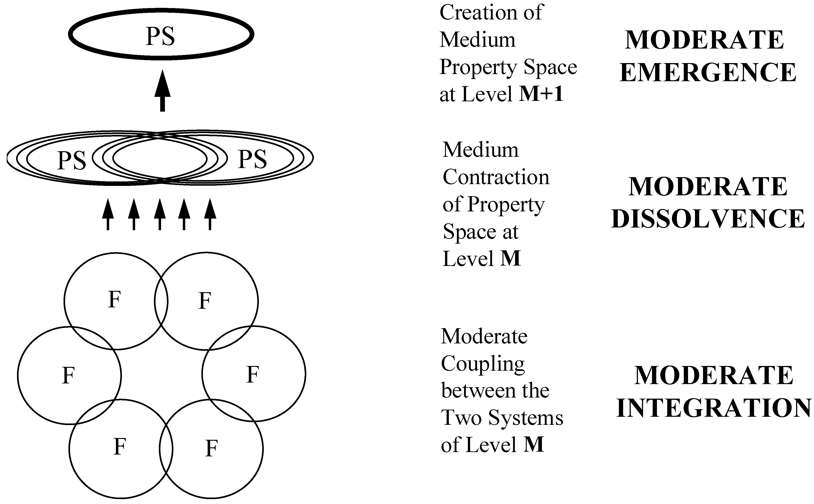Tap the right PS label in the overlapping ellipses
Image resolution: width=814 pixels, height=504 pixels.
pyautogui.click(x=252, y=159)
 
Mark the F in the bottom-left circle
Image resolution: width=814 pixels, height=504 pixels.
pyautogui.click(x=120, y=447)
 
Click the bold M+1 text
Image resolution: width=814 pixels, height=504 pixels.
pyautogui.click(x=541, y=94)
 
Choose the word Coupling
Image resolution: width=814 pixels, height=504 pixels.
pyautogui.click(x=483, y=364)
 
